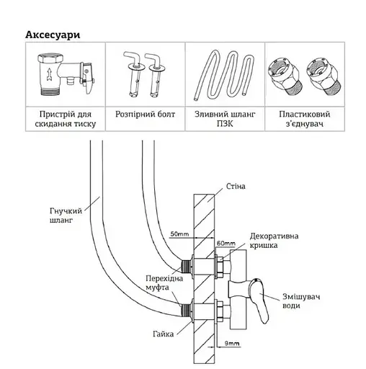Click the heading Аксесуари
point(53,35)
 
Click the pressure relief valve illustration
point(66,74)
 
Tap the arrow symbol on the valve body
point(50,74)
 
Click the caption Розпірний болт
point(145,114)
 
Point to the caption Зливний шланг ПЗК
point(225,119)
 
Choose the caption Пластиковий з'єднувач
point(305,119)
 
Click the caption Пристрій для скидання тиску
point(66,119)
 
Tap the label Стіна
point(236,187)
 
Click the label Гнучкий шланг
point(66,215)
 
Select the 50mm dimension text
point(179,234)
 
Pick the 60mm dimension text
point(226,244)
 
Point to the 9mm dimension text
point(232,343)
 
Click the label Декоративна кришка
point(274,241)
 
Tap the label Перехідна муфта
point(164,283)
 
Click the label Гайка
point(163,334)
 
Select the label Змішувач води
point(301,301)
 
